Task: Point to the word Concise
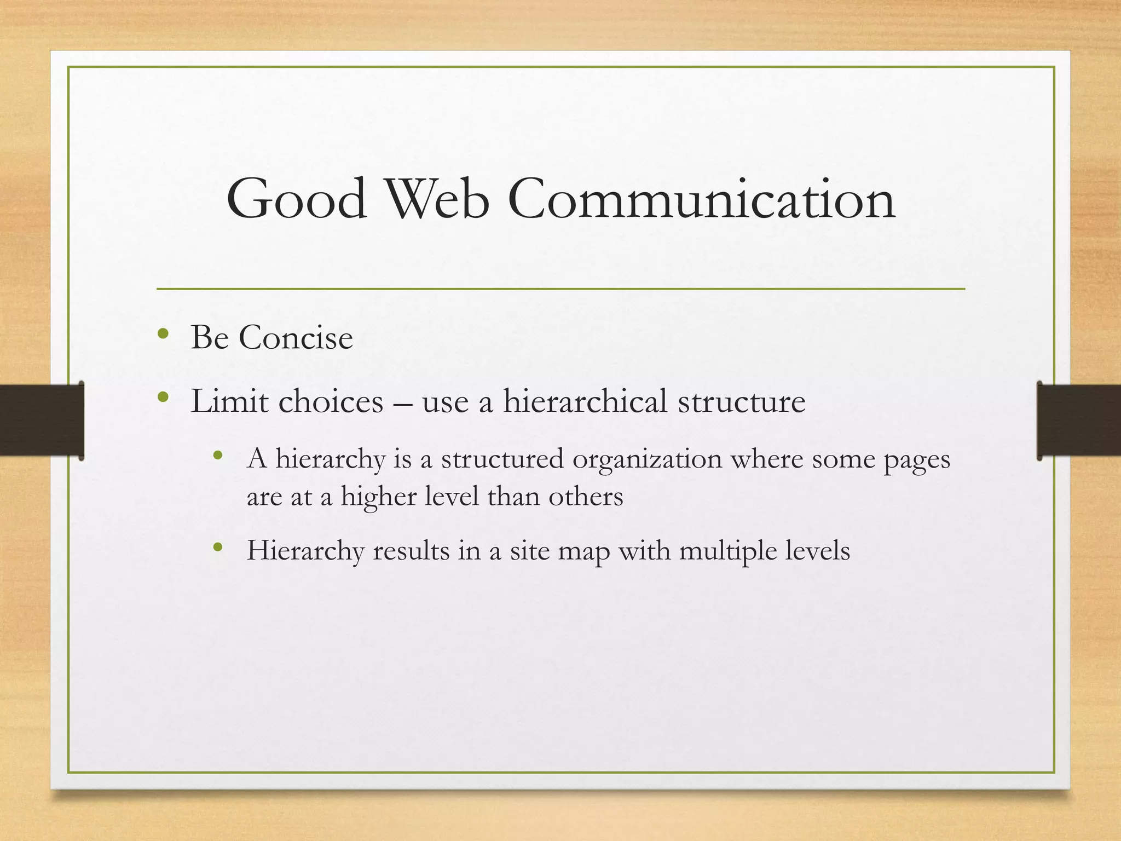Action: tap(296, 337)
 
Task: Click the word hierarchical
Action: tap(585, 401)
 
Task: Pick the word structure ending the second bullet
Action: tap(742, 401)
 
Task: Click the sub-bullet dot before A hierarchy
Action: tap(218, 455)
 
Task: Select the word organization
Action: tap(647, 459)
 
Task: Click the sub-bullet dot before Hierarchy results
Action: tap(218, 547)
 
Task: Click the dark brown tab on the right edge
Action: tap(1078, 420)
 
